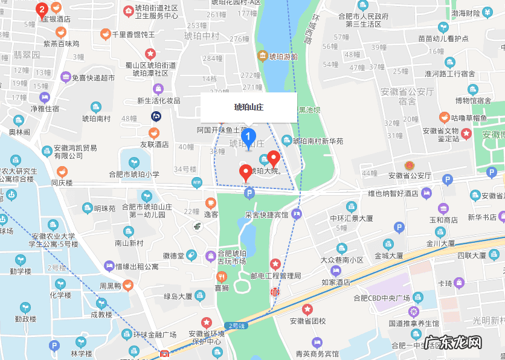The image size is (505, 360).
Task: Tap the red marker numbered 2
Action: pos(42,9)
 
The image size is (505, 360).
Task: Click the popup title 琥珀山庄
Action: pos(249,108)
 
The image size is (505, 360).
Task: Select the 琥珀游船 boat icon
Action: pos(262,56)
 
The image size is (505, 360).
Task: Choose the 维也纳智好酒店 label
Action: pos(393,194)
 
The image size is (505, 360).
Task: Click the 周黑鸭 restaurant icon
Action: pos(128,286)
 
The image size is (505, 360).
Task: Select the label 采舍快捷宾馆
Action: pos(266,214)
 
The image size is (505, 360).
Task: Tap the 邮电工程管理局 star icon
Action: pos(275,263)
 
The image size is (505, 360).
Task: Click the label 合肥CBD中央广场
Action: pos(382,298)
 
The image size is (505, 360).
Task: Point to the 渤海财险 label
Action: pos(466,13)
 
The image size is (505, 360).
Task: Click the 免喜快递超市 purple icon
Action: pos(65,77)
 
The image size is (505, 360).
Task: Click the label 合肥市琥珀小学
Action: pos(134,175)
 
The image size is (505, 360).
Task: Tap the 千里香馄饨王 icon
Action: pos(105,34)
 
